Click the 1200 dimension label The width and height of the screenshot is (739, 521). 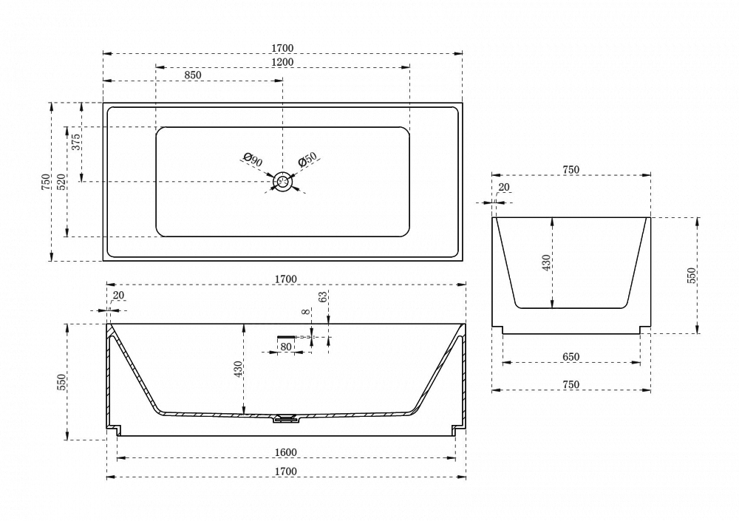[282, 62]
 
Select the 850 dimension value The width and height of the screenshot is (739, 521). [192, 75]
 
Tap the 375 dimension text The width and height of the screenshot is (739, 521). [76, 142]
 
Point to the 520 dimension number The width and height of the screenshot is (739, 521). [61, 182]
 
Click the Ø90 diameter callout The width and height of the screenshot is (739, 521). [253, 160]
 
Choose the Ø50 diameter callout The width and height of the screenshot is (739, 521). [307, 160]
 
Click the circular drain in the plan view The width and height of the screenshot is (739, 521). [283, 182]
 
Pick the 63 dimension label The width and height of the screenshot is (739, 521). [323, 297]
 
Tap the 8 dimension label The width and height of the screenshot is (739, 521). [307, 312]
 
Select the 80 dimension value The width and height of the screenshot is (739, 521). [285, 347]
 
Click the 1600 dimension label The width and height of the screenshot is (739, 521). [285, 452]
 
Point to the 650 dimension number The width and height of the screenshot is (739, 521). [571, 356]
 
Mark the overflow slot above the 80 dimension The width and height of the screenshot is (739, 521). [286, 337]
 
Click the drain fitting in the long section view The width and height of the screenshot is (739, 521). [285, 418]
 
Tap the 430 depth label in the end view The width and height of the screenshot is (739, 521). [546, 262]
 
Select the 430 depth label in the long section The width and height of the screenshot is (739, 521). [238, 369]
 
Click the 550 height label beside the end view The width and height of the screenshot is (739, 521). [691, 276]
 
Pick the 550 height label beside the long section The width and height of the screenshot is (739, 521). [61, 382]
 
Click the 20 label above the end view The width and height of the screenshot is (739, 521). [504, 187]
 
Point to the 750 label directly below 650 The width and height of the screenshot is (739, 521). [571, 385]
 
